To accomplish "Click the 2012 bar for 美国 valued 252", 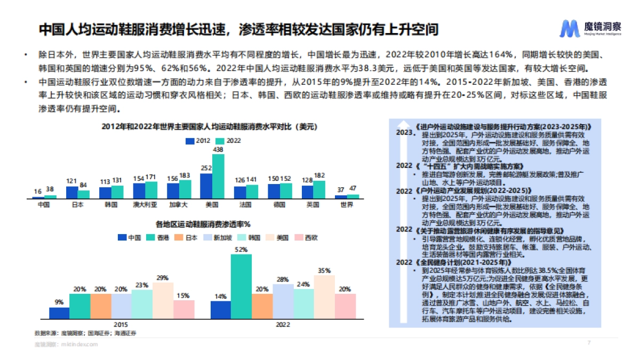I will click(x=206, y=186).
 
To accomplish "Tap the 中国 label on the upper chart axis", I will click(x=38, y=204).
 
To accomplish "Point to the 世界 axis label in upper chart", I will click(x=347, y=204).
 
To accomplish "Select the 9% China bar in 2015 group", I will click(x=59, y=313).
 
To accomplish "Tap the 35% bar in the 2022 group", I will click(x=324, y=297).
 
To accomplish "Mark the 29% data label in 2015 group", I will click(x=163, y=278).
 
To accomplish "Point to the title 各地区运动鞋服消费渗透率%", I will click(x=203, y=224).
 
